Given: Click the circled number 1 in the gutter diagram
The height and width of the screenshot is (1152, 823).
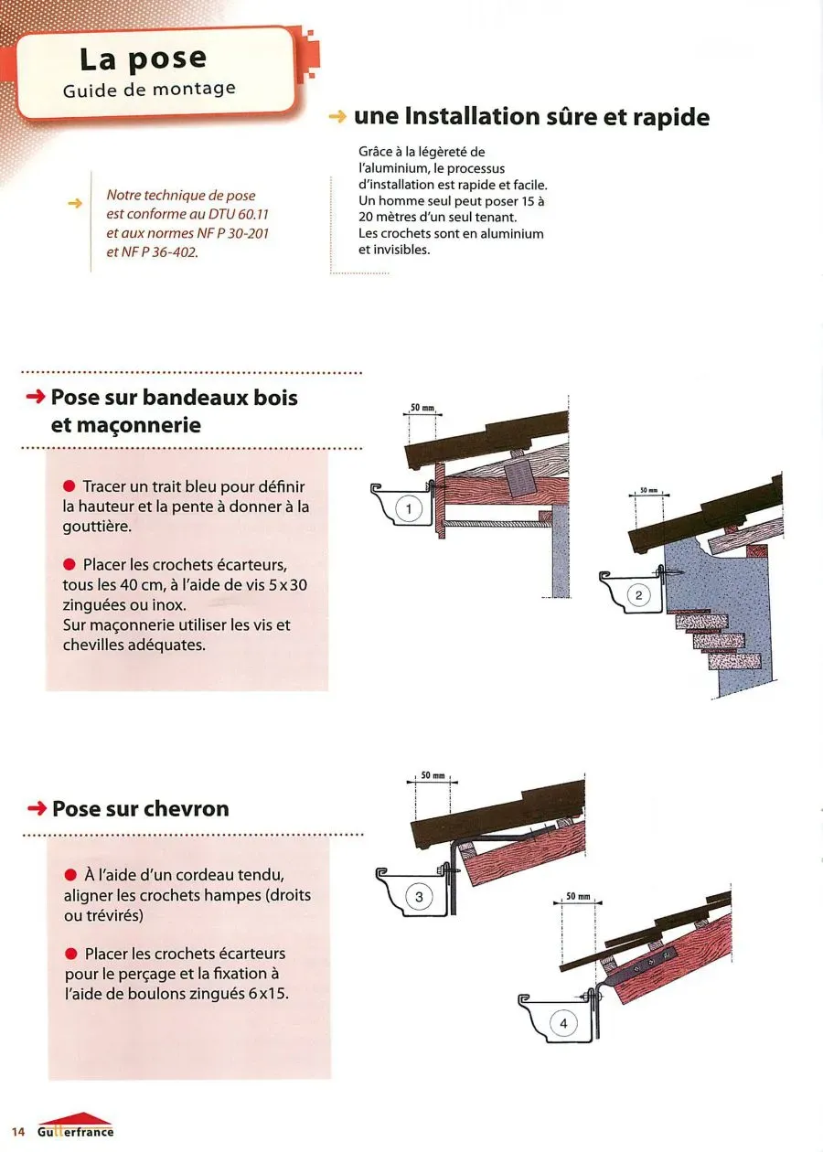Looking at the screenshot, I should (x=410, y=509).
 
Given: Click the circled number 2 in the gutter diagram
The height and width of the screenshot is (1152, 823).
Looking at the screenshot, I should (x=638, y=597).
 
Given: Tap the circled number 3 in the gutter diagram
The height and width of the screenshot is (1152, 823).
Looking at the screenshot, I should (x=419, y=897).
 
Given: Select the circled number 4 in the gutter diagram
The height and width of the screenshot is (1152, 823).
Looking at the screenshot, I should (x=563, y=1023).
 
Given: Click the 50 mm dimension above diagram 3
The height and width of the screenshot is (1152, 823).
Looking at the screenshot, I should (x=433, y=775).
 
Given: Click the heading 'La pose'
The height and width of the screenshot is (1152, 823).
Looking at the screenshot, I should (x=143, y=59).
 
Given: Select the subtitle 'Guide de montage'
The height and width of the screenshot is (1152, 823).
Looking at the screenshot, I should (x=149, y=90).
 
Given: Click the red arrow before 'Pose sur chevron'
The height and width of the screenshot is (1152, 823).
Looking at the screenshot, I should (x=37, y=808).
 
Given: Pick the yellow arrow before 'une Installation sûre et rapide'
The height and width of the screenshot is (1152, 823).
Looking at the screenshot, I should (x=337, y=117).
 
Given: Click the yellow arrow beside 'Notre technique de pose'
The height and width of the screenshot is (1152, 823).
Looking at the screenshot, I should (x=76, y=203).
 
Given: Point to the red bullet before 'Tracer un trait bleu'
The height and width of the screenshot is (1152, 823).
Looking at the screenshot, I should (x=69, y=486).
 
